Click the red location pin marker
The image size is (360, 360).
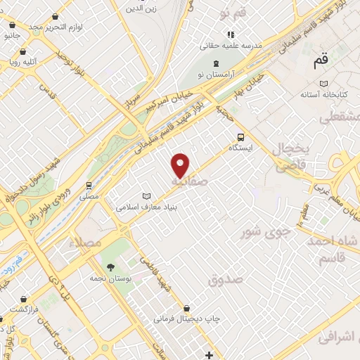pyautogui.click(x=181, y=165)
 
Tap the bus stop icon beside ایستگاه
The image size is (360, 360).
pyautogui.click(x=241, y=137)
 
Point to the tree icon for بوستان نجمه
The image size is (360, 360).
pyautogui.click(x=110, y=266)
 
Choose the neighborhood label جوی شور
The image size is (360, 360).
pyautogui.click(x=262, y=231)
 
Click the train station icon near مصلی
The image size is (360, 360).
pyautogui.click(x=89, y=186)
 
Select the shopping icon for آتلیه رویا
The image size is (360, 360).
pyautogui.click(x=24, y=51)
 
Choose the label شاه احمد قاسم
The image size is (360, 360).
pyautogui.click(x=333, y=250)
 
